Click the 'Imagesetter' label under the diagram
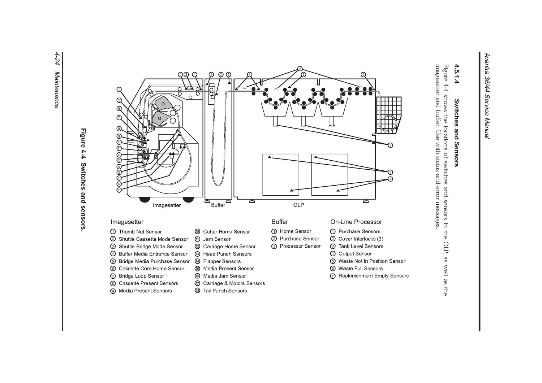[167, 205]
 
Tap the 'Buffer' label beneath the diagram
[218, 205]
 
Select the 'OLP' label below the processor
[298, 205]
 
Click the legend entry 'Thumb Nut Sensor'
[140, 232]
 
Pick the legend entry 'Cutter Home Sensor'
[226, 232]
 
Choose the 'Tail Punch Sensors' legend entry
[225, 291]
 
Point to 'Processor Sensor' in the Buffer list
[300, 246]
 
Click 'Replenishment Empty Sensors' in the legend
[373, 276]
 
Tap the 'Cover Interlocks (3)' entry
[361, 239]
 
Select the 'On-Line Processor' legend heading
[356, 222]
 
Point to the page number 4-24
[57, 59]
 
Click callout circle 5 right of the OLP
[390, 145]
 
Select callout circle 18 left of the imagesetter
[119, 190]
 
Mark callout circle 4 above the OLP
[363, 75]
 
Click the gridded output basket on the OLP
[389, 114]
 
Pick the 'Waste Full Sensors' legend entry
[360, 269]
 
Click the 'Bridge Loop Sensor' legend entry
[141, 276]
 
